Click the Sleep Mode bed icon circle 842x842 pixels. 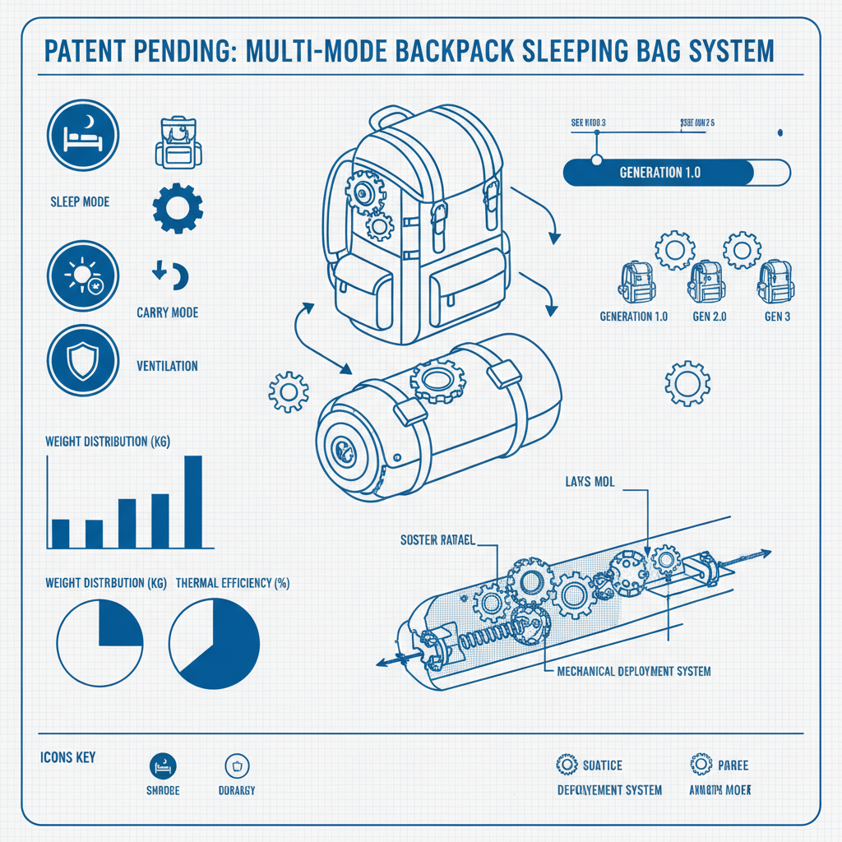tap(84, 135)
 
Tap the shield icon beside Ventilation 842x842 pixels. tap(84, 359)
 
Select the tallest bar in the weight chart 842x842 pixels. tap(193, 502)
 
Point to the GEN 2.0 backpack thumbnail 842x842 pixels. tap(706, 283)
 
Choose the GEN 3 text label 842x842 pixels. tap(777, 317)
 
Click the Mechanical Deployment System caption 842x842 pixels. tap(633, 671)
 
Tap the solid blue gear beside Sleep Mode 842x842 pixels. tap(178, 206)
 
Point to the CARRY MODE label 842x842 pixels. tap(167, 313)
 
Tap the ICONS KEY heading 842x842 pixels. tap(67, 756)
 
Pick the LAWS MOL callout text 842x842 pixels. tap(591, 481)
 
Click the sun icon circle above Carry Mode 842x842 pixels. tap(84, 275)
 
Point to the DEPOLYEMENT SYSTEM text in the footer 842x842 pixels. tap(609, 789)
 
